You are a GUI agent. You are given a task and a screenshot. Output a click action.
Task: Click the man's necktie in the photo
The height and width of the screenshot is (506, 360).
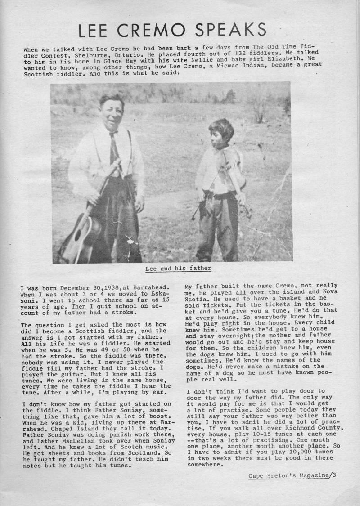(114, 148)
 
